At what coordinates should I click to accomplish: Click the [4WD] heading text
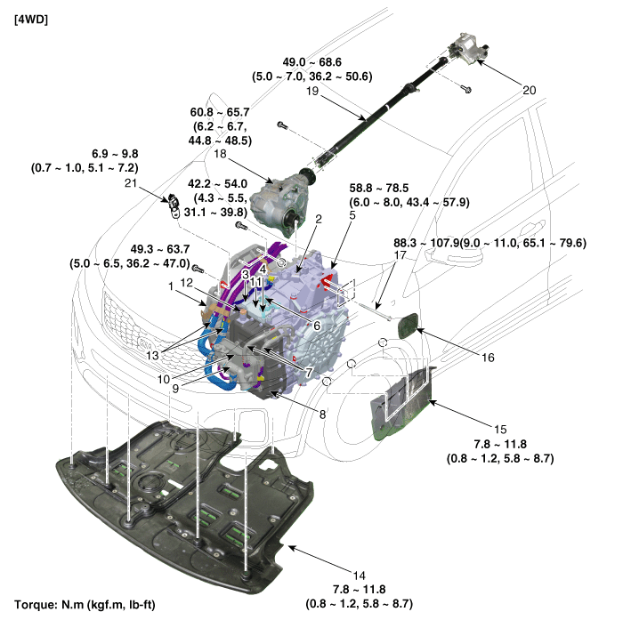(x=31, y=20)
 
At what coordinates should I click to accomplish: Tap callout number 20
(x=529, y=91)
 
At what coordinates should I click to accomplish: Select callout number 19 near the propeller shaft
(x=312, y=91)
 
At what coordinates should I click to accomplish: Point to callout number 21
(x=130, y=183)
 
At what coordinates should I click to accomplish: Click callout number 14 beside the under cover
(x=360, y=576)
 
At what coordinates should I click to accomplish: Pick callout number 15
(x=500, y=430)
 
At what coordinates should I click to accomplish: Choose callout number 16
(x=488, y=358)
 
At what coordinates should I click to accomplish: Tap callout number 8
(x=322, y=415)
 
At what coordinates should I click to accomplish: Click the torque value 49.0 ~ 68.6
(x=311, y=62)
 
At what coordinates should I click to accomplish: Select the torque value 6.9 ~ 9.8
(x=115, y=154)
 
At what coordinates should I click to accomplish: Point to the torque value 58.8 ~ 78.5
(x=378, y=188)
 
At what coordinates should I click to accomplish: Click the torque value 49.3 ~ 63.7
(x=160, y=249)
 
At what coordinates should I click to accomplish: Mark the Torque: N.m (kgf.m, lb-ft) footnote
(x=85, y=605)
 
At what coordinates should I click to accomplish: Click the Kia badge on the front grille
(x=144, y=342)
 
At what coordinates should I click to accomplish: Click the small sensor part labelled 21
(x=174, y=205)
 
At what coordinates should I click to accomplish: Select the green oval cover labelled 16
(x=408, y=326)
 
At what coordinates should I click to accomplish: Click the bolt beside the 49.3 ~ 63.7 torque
(x=198, y=269)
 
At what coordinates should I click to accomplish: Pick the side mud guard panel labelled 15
(x=401, y=404)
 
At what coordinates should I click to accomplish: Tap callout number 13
(x=152, y=355)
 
